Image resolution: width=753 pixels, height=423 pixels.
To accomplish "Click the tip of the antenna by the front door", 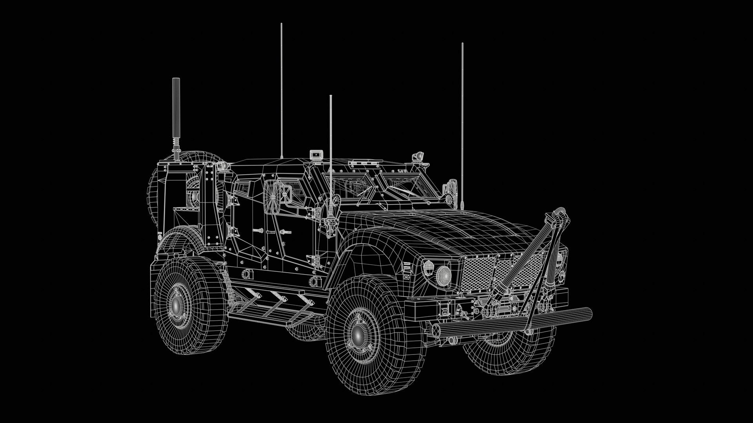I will (331, 96).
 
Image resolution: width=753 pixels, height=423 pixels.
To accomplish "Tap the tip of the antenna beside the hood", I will (462, 44).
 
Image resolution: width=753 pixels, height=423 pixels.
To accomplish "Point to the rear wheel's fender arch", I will (176, 239).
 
